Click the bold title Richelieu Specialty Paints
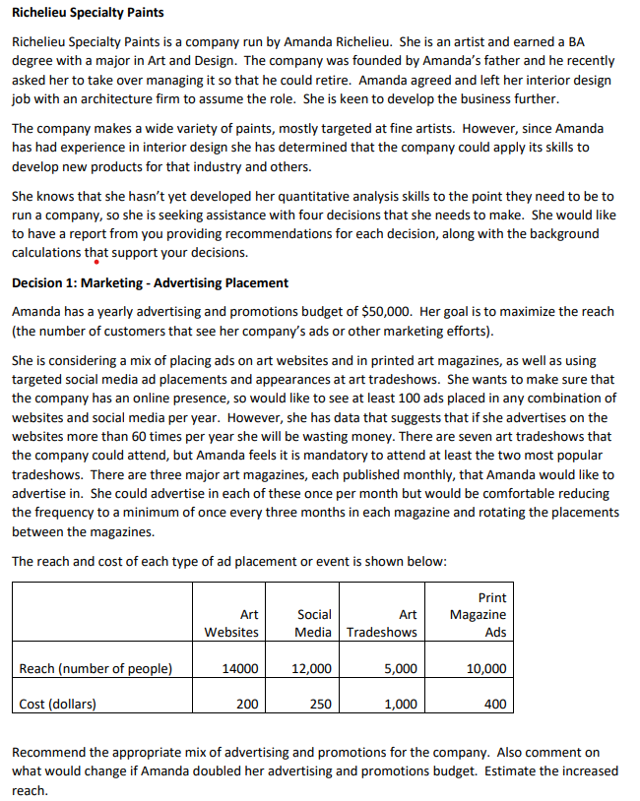point(88,13)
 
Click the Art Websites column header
point(231,623)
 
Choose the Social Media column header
point(313,623)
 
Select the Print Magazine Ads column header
point(478,615)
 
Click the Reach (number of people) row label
point(96,669)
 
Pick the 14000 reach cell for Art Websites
point(240,669)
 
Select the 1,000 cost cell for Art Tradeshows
point(400,704)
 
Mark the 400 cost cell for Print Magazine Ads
point(495,704)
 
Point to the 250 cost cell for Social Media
point(320,704)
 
